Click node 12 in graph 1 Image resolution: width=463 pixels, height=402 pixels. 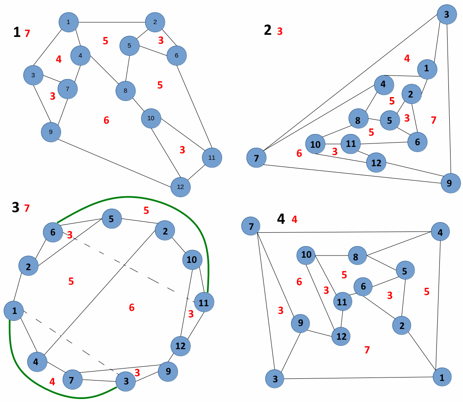coord(180,187)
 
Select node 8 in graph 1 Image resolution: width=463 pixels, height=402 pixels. coord(125,91)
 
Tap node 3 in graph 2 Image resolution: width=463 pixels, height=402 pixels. coord(447,15)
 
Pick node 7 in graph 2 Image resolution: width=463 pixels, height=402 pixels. coord(256,158)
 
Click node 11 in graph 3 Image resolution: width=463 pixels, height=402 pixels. coord(204,302)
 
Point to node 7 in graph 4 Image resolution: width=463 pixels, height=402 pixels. coord(251,226)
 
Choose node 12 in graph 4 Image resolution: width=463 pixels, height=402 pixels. coord(341,336)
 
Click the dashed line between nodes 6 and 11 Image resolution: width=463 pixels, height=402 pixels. coord(129,268)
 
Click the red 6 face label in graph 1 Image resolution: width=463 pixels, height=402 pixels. coord(107,121)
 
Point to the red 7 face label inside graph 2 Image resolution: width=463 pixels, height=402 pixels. coord(433,120)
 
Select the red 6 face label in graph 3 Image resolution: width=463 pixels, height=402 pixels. coord(131,307)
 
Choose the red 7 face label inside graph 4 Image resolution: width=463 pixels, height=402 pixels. coord(367,350)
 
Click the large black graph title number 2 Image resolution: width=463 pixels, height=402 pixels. coord(268,30)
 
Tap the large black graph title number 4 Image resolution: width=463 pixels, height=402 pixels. coord(281,219)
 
